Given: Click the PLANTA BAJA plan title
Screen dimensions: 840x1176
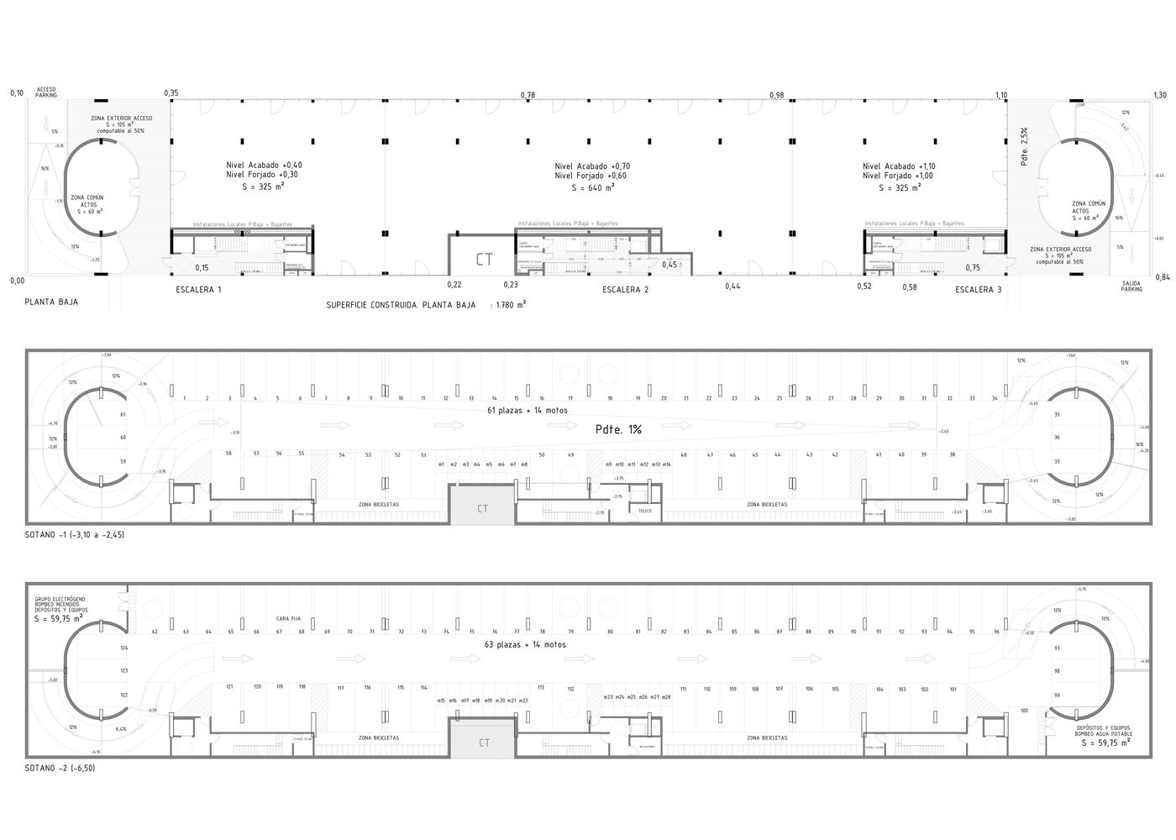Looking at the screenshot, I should point(51,302).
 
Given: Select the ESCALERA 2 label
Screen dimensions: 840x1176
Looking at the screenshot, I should point(626,290).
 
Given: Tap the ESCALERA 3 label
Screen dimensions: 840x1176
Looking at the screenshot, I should point(979,290).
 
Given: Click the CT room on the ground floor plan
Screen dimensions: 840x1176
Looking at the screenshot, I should point(485,260).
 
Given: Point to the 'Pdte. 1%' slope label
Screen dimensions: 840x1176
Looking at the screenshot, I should point(618,429).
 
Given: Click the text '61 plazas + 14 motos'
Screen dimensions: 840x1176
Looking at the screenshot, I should point(528,411).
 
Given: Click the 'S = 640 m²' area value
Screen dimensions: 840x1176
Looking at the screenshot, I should point(592,188).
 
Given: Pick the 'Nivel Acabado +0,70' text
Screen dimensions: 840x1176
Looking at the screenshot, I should point(592,166).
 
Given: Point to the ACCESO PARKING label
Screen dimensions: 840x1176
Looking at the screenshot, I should point(45,92).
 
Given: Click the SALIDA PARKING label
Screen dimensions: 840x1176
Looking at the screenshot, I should point(1131,286).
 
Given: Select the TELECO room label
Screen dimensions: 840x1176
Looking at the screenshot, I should point(645,511).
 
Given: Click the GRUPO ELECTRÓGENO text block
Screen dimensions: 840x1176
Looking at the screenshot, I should point(60,605).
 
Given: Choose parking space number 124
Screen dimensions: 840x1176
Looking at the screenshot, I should point(123,648).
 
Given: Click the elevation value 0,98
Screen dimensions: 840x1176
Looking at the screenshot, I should point(776,96).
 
